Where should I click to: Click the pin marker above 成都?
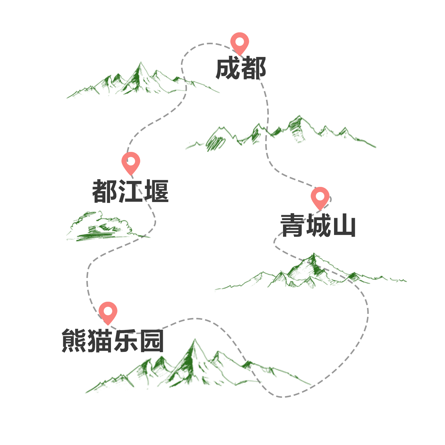[x=240, y=42]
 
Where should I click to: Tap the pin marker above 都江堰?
[x=131, y=162]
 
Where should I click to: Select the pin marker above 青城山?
[x=320, y=197]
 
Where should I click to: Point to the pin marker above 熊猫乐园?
[x=108, y=312]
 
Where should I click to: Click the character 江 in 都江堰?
[x=131, y=191]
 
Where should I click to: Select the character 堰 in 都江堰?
[x=156, y=191]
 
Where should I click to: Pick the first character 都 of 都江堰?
[x=105, y=191]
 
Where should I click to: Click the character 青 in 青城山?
[x=293, y=225]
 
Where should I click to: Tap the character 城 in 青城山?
[x=318, y=225]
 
